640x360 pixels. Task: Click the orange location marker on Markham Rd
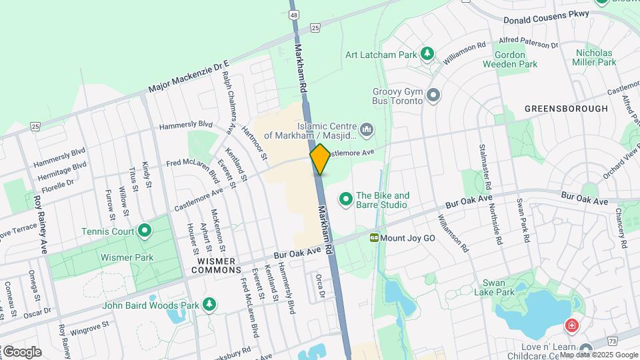pos(320,159)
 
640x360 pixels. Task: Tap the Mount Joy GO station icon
pos(375,237)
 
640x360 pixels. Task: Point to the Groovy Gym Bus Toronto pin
pos(433,95)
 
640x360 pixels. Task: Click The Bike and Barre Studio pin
pos(345,199)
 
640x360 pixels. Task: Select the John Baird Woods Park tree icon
pos(210,305)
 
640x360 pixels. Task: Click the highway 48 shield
pos(293,13)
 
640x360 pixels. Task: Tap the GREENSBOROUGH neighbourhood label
pos(566,108)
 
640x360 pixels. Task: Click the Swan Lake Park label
pos(494,292)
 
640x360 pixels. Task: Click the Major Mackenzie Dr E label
pos(188,77)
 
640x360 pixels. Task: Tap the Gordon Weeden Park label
pos(515,59)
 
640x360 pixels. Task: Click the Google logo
pos(21,352)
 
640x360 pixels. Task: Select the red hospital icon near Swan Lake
pos(571,325)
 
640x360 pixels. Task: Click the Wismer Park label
pos(127,257)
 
